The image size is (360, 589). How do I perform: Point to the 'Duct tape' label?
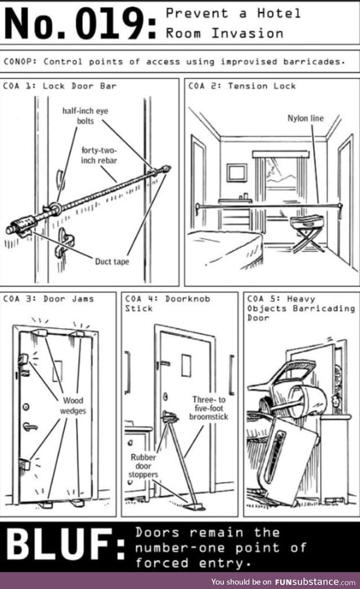coord(111,262)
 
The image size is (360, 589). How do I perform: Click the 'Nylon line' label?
coord(305,119)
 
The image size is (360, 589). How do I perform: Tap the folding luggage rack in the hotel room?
coord(308,232)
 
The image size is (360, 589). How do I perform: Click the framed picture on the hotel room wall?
coord(237,172)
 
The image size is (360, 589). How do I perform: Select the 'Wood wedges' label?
coord(73,406)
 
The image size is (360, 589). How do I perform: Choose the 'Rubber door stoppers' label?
coord(143,466)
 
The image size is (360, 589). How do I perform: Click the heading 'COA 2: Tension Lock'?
coord(242,86)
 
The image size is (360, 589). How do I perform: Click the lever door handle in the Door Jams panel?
coord(29,426)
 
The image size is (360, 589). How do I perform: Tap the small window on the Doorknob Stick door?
coord(186,365)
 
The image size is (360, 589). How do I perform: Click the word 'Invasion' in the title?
coord(247,33)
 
